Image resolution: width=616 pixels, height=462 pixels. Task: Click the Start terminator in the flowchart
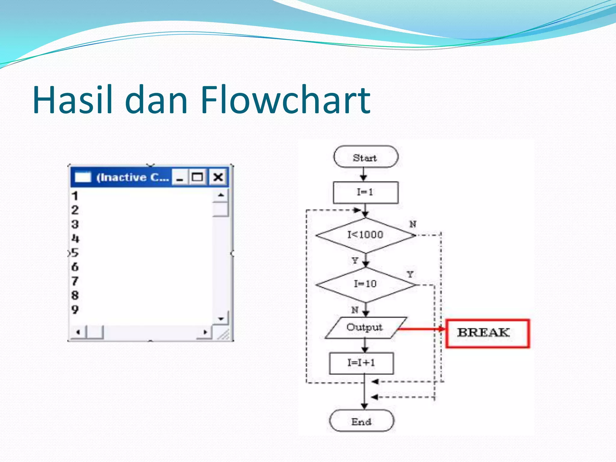point(365,157)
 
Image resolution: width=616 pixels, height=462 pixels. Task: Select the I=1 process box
point(365,192)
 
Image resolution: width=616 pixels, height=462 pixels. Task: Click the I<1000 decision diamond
point(365,235)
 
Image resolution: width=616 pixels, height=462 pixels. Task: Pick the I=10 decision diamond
point(365,284)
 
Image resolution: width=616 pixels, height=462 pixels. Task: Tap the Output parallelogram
point(365,328)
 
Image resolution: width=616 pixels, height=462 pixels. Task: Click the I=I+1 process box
point(362,363)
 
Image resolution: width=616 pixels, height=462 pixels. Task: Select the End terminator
point(362,421)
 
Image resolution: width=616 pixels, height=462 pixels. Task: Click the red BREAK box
point(487,333)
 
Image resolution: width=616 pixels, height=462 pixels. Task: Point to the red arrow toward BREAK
point(421,329)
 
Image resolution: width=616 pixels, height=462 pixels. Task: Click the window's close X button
point(218,177)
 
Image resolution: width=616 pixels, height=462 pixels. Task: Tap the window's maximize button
point(197,177)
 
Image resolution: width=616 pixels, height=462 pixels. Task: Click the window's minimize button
point(180,178)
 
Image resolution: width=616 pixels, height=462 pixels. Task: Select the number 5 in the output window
point(75,253)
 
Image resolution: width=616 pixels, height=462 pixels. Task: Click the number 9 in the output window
point(75,310)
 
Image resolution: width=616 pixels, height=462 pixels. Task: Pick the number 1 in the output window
point(75,196)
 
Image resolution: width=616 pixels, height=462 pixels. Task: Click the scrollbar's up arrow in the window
point(221,195)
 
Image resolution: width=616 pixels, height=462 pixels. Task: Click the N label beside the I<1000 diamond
point(413,224)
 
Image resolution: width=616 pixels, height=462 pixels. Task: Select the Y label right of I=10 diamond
point(410,274)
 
